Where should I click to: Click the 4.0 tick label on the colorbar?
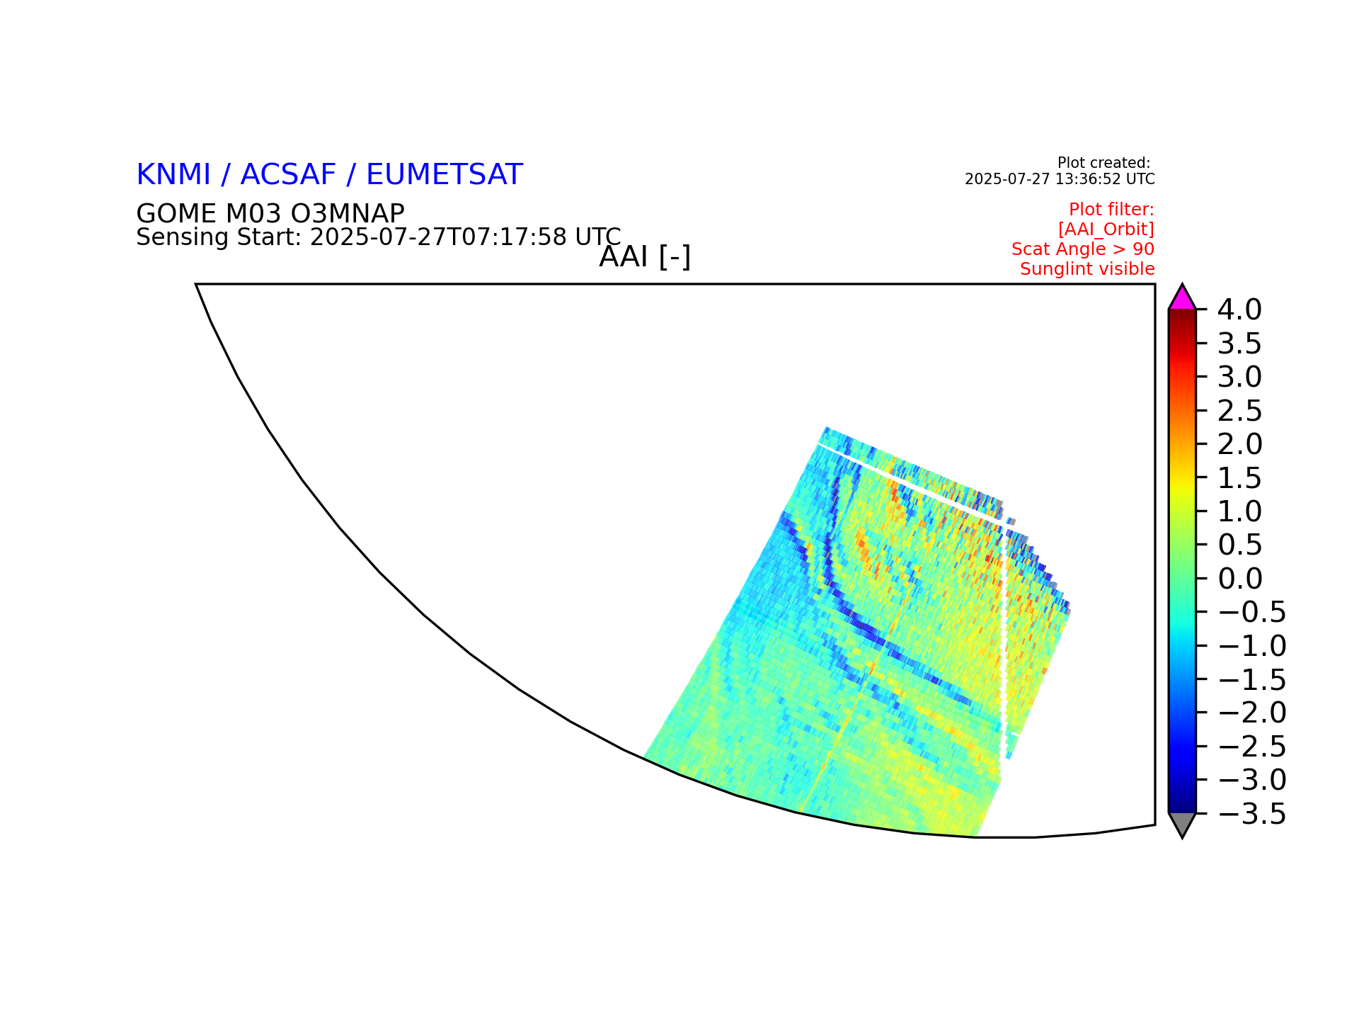[x=1239, y=310]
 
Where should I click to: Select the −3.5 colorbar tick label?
[x=1251, y=815]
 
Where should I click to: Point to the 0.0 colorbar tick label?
[x=1239, y=579]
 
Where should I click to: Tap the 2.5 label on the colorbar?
[x=1239, y=411]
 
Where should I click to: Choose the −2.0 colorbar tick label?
[x=1251, y=713]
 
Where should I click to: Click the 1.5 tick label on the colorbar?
[x=1239, y=478]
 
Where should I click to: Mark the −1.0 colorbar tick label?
[x=1251, y=646]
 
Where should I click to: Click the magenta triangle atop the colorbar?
[x=1182, y=299]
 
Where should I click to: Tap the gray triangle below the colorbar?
[x=1182, y=824]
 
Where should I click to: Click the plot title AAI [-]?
[x=645, y=256]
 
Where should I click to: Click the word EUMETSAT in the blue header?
[x=445, y=174]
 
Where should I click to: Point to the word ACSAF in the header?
[x=288, y=174]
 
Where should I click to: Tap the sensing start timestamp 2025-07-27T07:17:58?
[x=439, y=237]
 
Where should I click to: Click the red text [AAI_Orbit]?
[x=1106, y=229]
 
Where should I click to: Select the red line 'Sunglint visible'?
[x=1087, y=269]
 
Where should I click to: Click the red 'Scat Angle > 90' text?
[x=1083, y=249]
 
